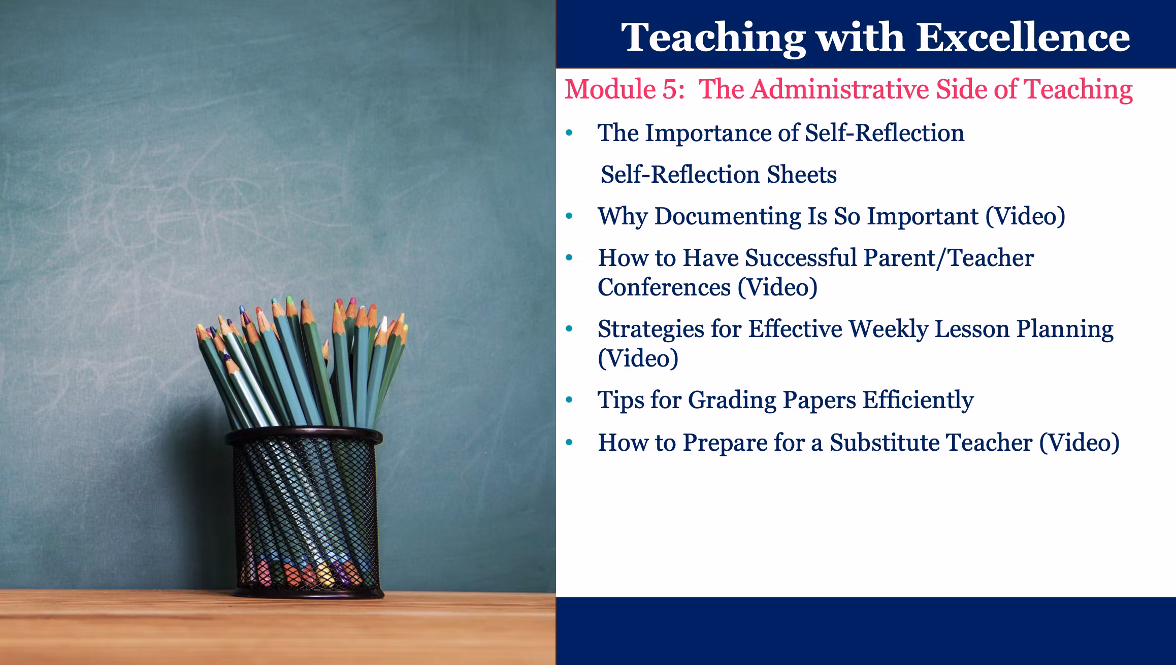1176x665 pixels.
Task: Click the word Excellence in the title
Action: tap(1023, 37)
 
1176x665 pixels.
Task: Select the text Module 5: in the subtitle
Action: tap(625, 89)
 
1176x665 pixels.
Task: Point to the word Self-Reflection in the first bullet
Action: tap(885, 133)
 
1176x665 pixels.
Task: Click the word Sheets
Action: tap(801, 175)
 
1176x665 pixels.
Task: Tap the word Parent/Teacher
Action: tap(949, 258)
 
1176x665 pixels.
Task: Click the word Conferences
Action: tap(664, 288)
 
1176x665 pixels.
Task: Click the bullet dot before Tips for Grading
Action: tap(569, 401)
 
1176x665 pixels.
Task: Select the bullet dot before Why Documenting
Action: tap(569, 216)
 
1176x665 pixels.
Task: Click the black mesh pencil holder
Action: tap(305, 513)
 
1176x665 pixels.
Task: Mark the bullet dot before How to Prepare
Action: tap(569, 443)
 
